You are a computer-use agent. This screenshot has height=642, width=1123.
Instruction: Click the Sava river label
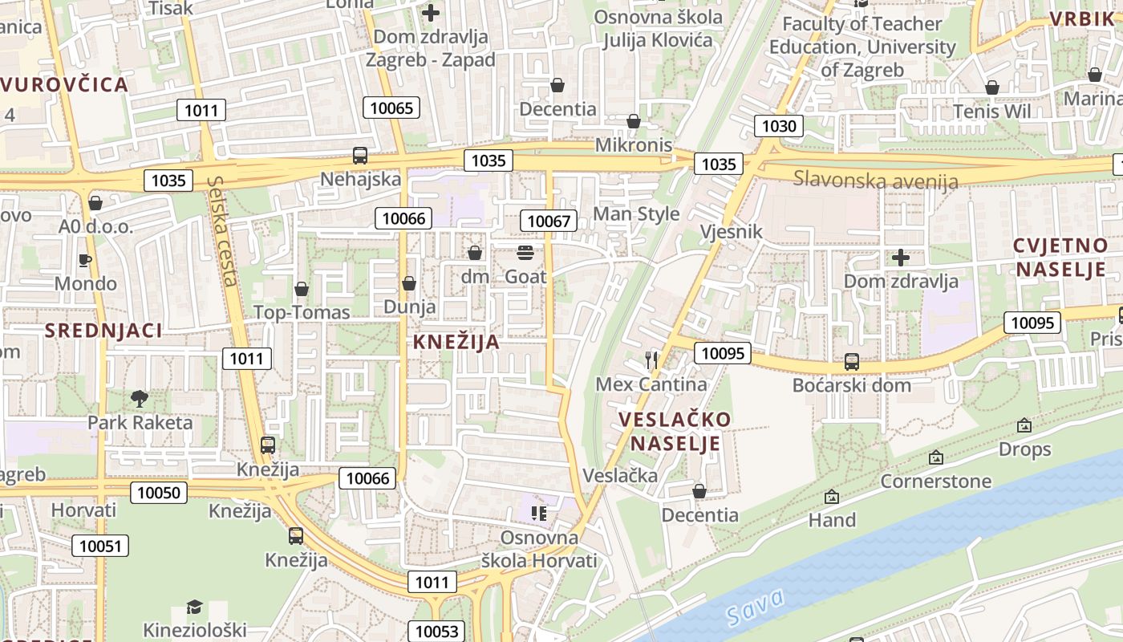[x=755, y=608]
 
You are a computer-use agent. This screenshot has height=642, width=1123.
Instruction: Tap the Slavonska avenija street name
[x=875, y=179]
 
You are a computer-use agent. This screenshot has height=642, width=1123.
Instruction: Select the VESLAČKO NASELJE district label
[x=675, y=431]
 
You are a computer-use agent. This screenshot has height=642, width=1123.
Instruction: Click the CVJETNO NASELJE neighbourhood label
[x=1060, y=258]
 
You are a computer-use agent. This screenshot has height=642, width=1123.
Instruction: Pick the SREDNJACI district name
[x=103, y=330]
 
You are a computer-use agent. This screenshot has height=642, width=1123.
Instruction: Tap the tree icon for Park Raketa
[x=140, y=398]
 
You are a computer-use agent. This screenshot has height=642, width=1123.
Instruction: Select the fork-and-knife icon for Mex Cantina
[x=651, y=360]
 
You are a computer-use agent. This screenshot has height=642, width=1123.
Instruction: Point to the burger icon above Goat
[x=525, y=253]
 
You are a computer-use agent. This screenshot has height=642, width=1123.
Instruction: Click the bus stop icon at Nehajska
[x=360, y=156]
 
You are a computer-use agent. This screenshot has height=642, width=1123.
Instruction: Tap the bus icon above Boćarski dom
[x=852, y=361]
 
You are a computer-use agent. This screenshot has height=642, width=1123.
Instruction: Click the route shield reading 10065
[x=391, y=108]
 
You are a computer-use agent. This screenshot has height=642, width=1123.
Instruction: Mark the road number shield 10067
[x=549, y=221]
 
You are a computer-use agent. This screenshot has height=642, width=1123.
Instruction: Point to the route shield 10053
[x=437, y=631]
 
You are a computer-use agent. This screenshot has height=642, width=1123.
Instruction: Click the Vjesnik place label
[x=731, y=232]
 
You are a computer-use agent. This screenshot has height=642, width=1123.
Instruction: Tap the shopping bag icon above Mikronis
[x=634, y=121]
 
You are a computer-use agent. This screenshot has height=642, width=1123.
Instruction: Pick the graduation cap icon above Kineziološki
[x=194, y=606]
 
